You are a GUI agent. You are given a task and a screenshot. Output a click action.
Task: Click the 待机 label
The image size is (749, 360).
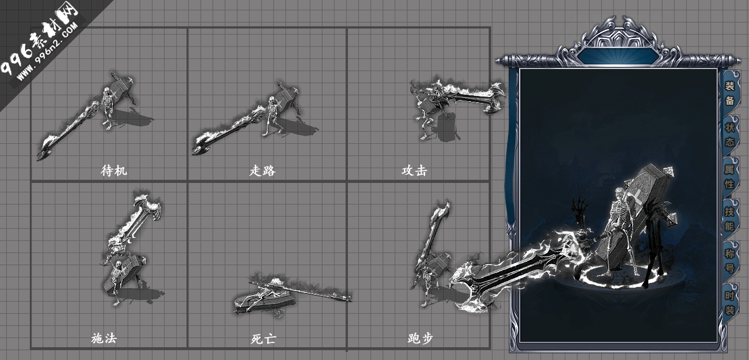[114, 171]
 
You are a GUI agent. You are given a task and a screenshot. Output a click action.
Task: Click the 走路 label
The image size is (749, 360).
[262, 171]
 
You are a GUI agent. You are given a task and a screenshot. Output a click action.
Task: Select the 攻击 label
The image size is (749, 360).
[414, 171]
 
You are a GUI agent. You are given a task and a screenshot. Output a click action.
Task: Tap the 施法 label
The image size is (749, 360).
[104, 338]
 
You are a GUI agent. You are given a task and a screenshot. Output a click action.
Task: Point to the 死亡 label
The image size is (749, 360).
[262, 338]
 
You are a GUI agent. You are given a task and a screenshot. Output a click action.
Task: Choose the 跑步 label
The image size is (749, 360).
[420, 338]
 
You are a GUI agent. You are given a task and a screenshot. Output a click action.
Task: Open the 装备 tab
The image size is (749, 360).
[730, 93]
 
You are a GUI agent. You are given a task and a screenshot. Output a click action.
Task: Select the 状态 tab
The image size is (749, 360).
[730, 135]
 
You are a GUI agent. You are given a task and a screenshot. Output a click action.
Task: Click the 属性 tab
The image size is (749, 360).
[730, 177]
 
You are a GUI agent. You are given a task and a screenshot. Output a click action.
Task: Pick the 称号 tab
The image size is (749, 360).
[730, 261]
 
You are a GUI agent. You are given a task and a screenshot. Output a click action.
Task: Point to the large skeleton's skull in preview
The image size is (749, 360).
[620, 194]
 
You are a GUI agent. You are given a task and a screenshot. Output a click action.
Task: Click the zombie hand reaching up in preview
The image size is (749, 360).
[580, 208]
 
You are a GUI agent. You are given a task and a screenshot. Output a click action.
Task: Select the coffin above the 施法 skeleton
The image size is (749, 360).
[125, 272]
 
